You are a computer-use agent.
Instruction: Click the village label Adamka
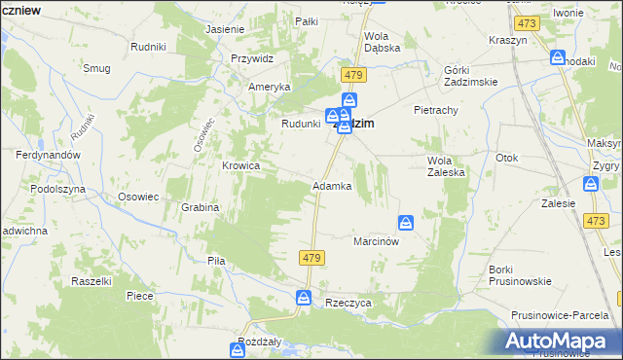[x=331, y=186]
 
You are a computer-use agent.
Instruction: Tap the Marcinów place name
[x=377, y=241]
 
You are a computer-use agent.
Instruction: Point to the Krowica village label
[x=240, y=165]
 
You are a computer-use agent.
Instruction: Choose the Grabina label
[x=200, y=207]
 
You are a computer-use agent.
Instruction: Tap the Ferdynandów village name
[x=48, y=155]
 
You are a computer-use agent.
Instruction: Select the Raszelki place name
[x=93, y=280]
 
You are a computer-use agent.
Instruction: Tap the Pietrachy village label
[x=435, y=110]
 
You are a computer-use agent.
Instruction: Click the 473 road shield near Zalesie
[x=596, y=221]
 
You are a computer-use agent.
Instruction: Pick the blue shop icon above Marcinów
[x=407, y=222]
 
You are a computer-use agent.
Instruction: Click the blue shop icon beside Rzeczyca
[x=304, y=297]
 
